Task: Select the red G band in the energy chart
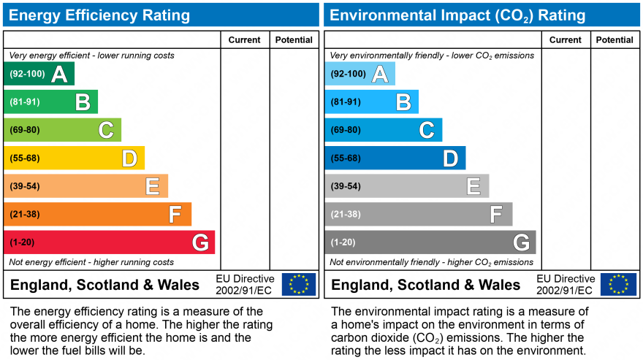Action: (109, 242)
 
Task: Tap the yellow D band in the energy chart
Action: (74, 158)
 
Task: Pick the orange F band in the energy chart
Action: (97, 214)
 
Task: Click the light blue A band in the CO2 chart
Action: (359, 74)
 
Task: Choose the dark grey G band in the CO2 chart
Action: (430, 242)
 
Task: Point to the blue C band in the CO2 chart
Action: (383, 130)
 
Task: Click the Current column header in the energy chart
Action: (245, 40)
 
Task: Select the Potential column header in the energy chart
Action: (294, 40)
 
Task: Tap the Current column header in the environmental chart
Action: (566, 40)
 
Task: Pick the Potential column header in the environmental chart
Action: (615, 40)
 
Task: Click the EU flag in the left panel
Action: (299, 284)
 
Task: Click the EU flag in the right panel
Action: (619, 284)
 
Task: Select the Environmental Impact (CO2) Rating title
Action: (458, 15)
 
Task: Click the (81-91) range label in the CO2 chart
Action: (346, 102)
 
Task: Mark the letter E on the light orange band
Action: (152, 186)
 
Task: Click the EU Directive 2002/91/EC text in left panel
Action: (245, 285)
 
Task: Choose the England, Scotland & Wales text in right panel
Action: (426, 285)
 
